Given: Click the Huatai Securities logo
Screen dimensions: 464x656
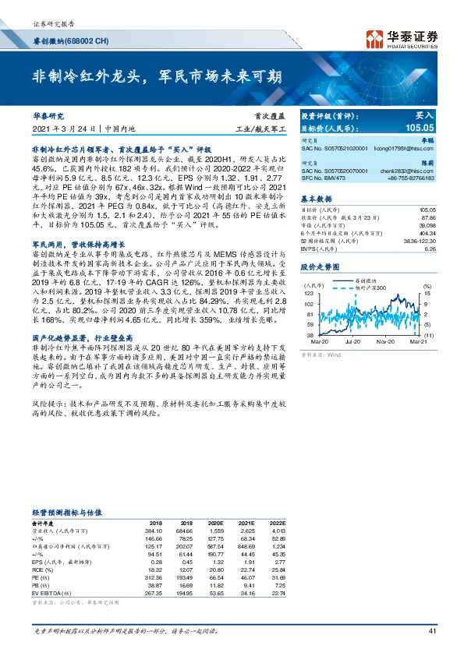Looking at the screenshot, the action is point(405,38).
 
